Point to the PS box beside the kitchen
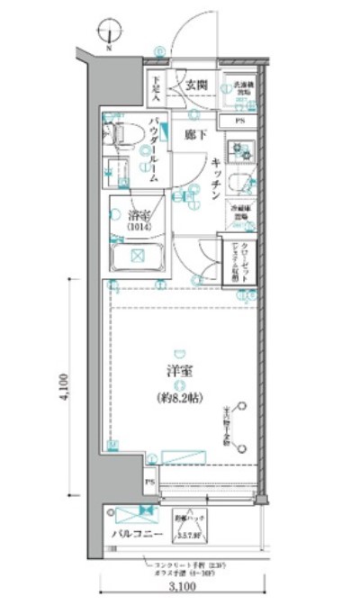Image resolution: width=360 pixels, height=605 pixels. point(239,120)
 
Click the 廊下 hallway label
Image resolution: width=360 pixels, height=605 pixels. point(195,135)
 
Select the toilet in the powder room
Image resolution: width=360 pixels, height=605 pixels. point(118,135)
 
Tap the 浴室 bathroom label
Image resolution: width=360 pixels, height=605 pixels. point(138,215)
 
